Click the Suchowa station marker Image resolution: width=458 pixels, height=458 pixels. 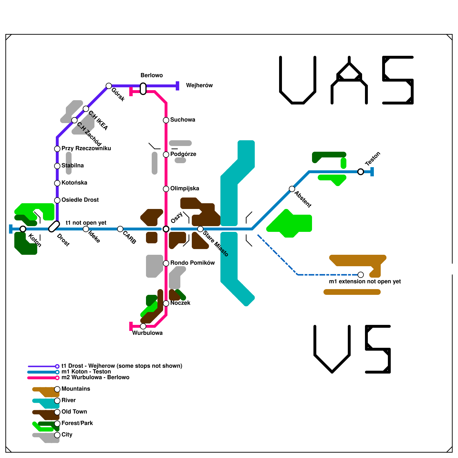tap(166, 120)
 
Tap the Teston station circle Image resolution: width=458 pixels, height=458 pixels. tap(361, 172)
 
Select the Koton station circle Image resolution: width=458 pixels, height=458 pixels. tap(23, 229)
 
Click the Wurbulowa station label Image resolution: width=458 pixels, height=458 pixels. tap(147, 333)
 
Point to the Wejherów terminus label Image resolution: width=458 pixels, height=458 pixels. tap(199, 85)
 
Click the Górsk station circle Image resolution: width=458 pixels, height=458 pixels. tap(109, 86)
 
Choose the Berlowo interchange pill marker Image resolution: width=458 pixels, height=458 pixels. tap(143, 89)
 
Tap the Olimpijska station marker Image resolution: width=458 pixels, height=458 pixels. tap(166, 189)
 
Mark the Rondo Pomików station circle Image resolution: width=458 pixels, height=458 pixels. tap(166, 263)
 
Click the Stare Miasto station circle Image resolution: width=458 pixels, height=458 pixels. tap(200, 229)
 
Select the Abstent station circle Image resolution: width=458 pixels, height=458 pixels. tap(292, 189)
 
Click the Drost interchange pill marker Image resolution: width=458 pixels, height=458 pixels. tap(54, 226)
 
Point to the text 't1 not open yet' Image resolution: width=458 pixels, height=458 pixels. tap(86, 223)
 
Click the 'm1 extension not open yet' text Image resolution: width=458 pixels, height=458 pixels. tap(365, 281)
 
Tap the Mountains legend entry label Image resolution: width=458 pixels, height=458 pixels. tap(76, 389)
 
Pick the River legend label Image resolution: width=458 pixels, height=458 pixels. tap(69, 400)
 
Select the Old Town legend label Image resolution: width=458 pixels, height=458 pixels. tap(74, 412)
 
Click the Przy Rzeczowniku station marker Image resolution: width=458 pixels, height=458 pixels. tap(57, 149)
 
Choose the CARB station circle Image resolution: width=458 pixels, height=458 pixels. tap(120, 229)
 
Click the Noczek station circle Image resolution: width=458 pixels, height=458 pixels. tap(166, 303)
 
